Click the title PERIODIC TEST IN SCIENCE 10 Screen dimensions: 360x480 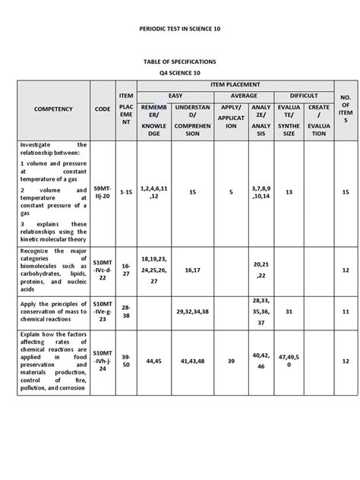[x=180, y=27]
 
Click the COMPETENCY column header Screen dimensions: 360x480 [x=52, y=109]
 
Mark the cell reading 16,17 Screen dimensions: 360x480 [x=192, y=270]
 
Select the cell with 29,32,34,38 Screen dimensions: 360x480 [x=192, y=311]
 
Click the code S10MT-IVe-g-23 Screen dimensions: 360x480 [x=102, y=311]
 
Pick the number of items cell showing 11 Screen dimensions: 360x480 [x=345, y=311]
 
